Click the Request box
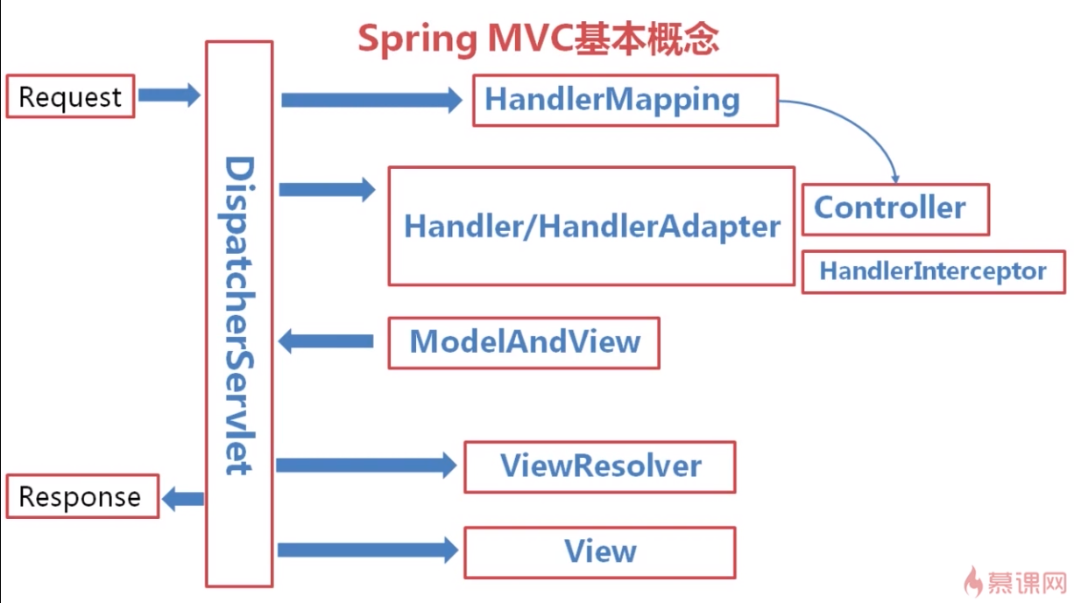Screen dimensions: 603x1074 point(70,96)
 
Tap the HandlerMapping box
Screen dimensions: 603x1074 point(625,101)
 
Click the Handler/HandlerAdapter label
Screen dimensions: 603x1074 point(591,227)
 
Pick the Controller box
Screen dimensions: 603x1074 point(894,209)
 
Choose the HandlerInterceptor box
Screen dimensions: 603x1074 point(933,271)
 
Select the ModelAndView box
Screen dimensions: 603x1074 point(524,342)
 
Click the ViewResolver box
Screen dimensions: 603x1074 point(599,466)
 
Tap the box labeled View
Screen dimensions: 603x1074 point(599,552)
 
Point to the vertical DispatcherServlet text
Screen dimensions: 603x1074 point(238,315)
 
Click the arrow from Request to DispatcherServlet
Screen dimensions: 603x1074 point(169,95)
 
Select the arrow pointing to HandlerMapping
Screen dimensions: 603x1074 point(371,100)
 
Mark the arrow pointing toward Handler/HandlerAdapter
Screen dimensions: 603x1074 point(327,188)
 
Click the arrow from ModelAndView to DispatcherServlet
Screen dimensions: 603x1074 point(325,340)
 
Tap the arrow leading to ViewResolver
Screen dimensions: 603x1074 point(366,465)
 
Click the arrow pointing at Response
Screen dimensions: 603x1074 point(183,500)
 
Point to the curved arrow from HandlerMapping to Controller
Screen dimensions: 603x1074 point(867,127)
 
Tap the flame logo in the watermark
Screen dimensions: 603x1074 point(972,580)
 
